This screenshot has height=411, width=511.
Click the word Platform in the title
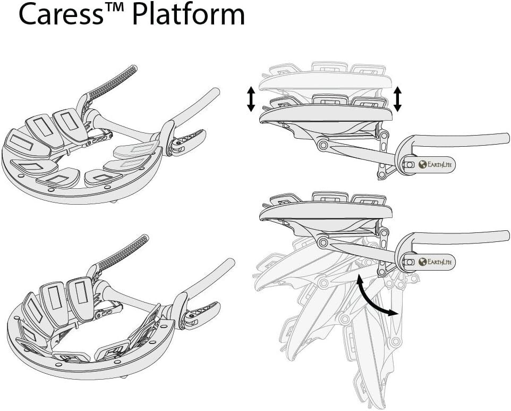click(x=189, y=15)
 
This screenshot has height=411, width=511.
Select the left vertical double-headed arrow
click(x=251, y=100)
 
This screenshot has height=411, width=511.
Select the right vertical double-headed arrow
click(x=397, y=99)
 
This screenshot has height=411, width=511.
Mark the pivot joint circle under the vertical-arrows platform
click(x=322, y=145)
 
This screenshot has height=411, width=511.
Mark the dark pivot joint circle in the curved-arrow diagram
click(x=322, y=242)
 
